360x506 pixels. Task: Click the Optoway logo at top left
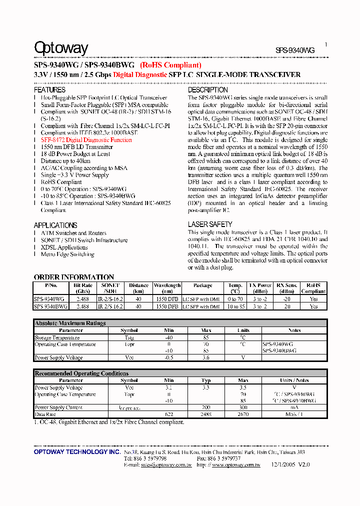tap(60, 48)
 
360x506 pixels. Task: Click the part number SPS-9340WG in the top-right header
tap(295, 50)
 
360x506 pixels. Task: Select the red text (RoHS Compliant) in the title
tap(170, 65)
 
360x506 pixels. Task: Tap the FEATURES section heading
tap(49, 90)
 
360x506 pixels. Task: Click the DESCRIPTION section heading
tap(208, 90)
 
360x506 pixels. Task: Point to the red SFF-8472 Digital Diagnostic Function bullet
tap(86, 140)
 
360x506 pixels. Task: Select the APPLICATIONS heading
tap(55, 225)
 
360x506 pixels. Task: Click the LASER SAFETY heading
tap(210, 224)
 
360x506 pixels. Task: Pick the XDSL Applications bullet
tap(64, 247)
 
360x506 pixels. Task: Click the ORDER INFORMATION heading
tap(74, 277)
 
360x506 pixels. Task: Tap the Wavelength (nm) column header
tap(167, 288)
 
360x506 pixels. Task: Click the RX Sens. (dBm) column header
tap(286, 288)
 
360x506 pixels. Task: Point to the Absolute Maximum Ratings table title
tap(70, 323)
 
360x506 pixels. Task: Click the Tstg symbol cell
tap(129, 338)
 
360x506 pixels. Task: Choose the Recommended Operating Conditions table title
tap(81, 373)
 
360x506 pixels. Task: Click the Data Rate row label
tap(45, 414)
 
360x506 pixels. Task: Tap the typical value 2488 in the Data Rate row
tap(205, 414)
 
